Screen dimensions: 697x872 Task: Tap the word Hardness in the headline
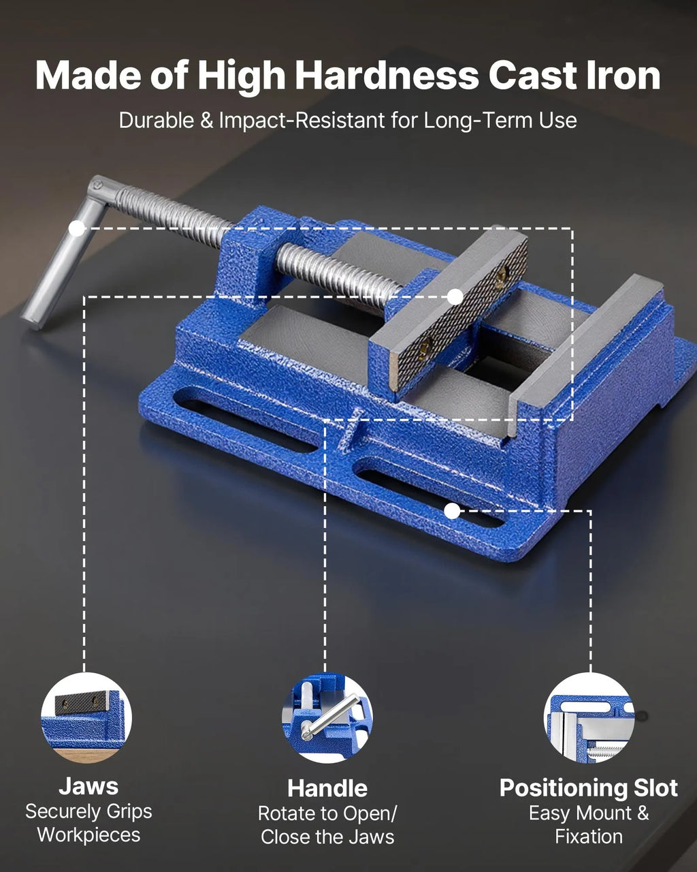pyautogui.click(x=387, y=76)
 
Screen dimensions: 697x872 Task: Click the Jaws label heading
pyautogui.click(x=88, y=786)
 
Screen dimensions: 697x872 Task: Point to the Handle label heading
pyautogui.click(x=327, y=788)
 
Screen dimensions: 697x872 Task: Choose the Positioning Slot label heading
pyautogui.click(x=589, y=788)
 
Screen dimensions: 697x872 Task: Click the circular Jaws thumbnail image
pyautogui.click(x=86, y=717)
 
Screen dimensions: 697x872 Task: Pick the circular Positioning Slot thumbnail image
pyautogui.click(x=589, y=717)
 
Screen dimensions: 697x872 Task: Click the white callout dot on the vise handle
pyautogui.click(x=76, y=228)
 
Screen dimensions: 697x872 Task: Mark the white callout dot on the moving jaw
pyautogui.click(x=455, y=296)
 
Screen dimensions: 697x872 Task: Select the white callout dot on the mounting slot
pyautogui.click(x=452, y=511)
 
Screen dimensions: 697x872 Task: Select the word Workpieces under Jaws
pyautogui.click(x=88, y=835)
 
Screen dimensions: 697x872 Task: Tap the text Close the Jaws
pyautogui.click(x=327, y=837)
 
